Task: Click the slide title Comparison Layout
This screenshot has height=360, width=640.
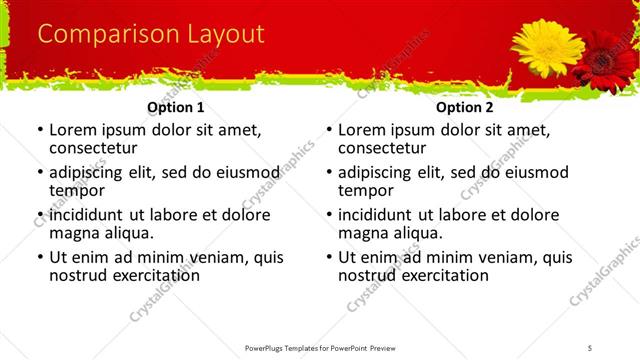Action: [x=151, y=35]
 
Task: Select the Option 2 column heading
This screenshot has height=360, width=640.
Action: [x=465, y=107]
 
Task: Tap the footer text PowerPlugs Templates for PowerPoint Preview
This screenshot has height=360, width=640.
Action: [x=320, y=347]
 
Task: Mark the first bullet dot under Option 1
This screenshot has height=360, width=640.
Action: [x=39, y=131]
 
